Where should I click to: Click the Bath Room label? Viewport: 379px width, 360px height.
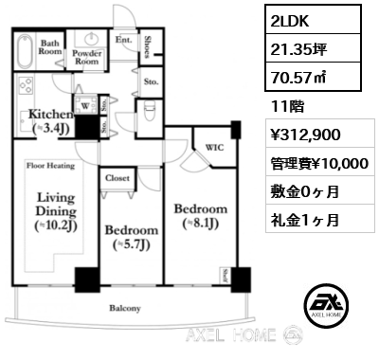50,47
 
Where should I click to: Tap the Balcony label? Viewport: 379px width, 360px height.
124,308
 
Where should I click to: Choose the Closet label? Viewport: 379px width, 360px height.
117,178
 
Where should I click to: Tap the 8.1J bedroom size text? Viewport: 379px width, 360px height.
200,224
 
